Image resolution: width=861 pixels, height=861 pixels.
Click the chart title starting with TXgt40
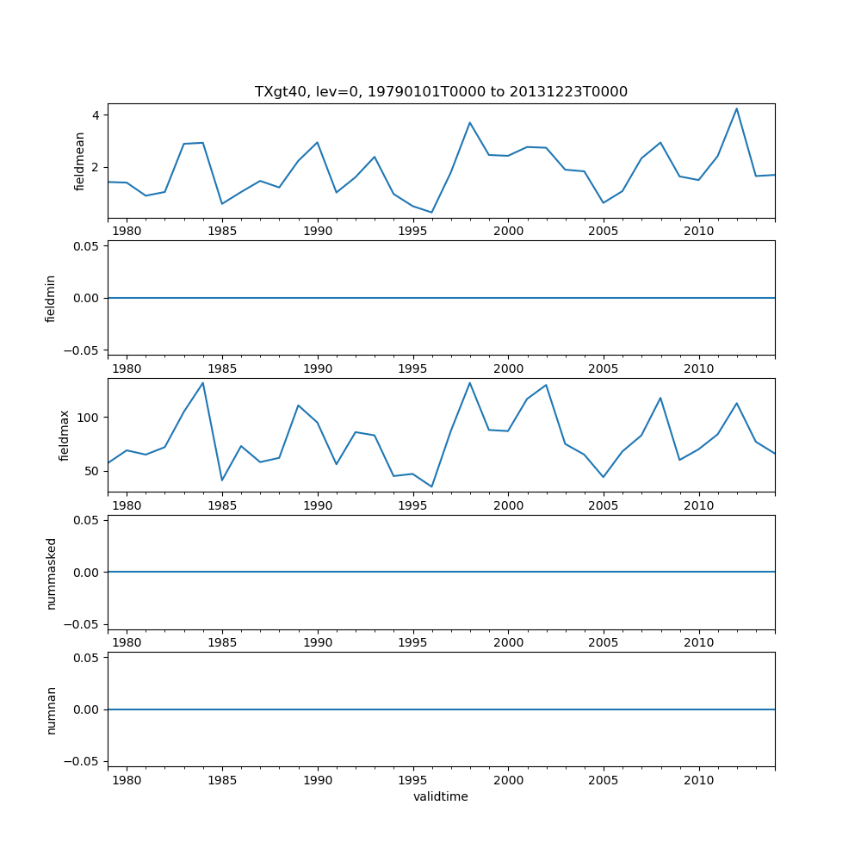tap(441, 91)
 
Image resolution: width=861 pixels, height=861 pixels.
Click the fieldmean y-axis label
tap(80, 161)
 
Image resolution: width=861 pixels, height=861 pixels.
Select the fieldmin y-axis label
tap(51, 298)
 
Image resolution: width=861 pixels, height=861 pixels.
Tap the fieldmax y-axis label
tap(65, 436)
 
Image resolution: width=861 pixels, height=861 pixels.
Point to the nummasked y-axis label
tap(51, 573)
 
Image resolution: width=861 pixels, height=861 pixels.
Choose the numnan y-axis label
tap(51, 709)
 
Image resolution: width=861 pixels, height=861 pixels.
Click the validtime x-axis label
tap(441, 796)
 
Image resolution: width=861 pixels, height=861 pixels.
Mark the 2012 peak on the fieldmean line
tap(736, 108)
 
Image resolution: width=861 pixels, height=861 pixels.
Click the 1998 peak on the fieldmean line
tap(469, 122)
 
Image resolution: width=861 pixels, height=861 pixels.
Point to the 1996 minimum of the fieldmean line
tap(431, 213)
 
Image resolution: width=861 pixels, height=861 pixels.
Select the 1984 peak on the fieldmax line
tap(203, 383)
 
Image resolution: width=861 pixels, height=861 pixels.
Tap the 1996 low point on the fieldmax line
tap(431, 487)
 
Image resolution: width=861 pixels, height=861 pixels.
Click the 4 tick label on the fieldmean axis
tap(96, 115)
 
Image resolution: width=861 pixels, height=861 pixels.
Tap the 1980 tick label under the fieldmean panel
tap(127, 232)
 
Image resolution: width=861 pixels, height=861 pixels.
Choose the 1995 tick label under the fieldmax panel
tap(412, 505)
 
